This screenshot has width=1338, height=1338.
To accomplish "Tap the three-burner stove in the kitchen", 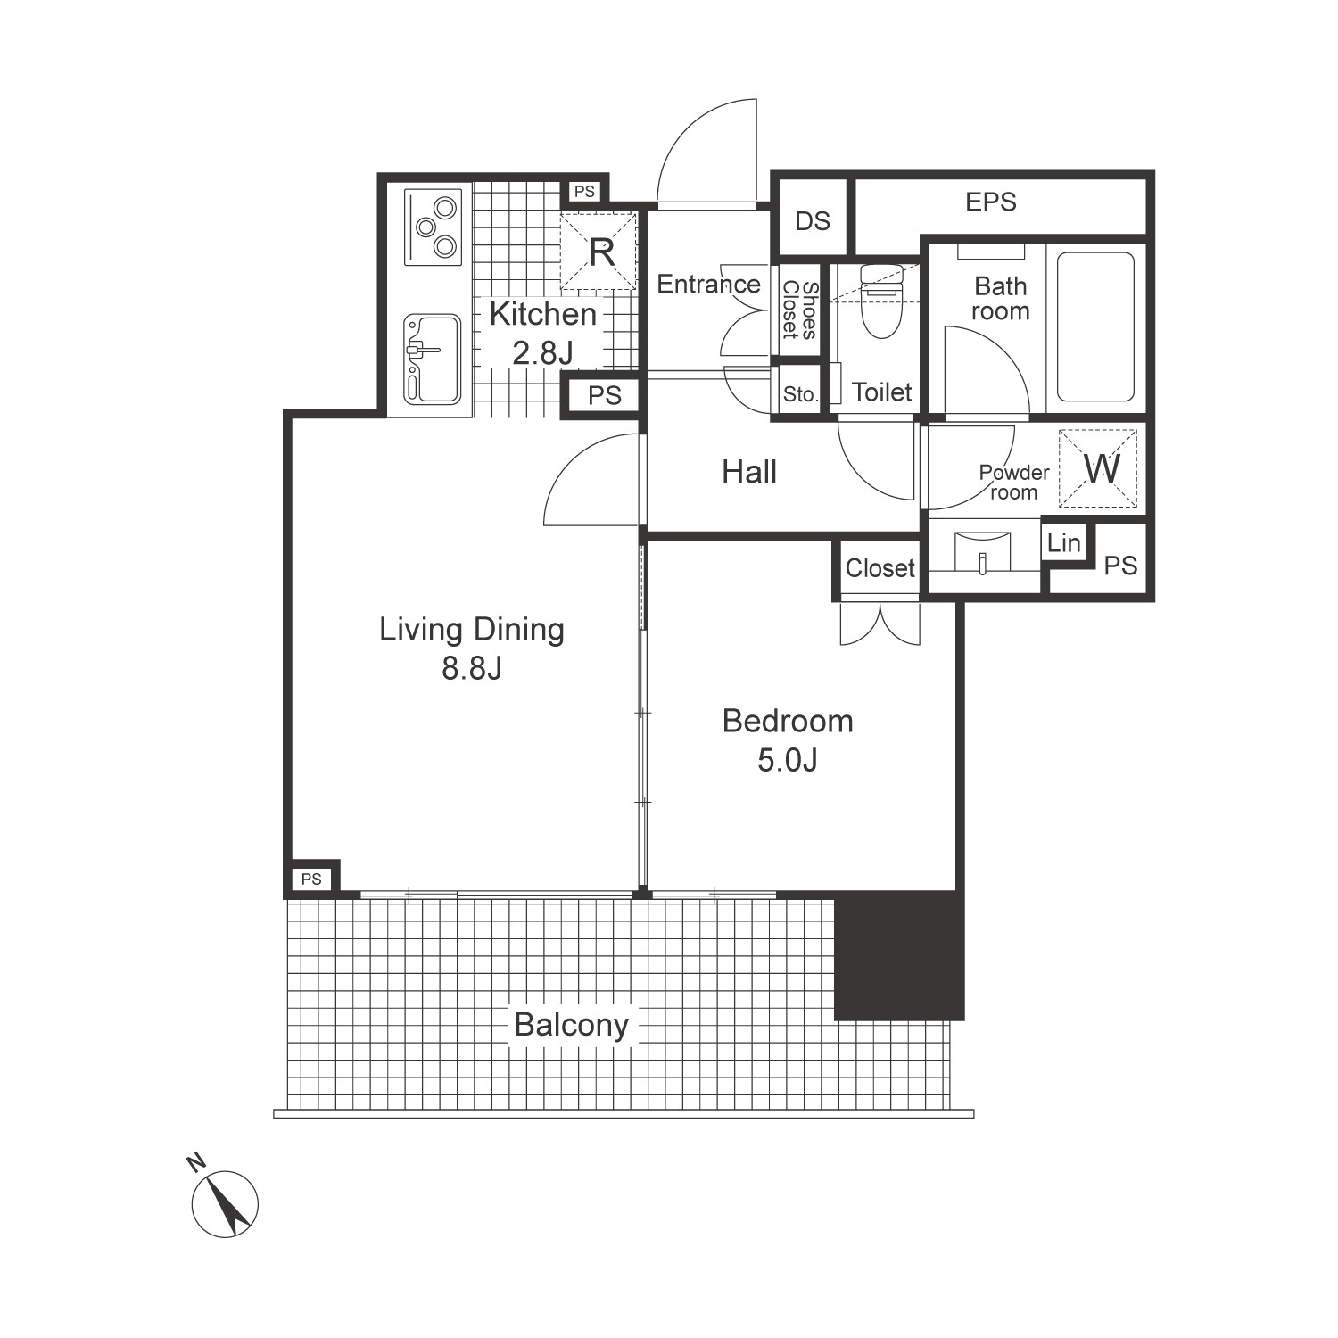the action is point(433,227).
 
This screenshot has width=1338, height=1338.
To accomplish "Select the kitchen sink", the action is point(433,359).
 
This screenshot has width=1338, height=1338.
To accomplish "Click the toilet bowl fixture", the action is point(881,301).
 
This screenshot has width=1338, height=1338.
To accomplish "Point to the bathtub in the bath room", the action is point(1096,327).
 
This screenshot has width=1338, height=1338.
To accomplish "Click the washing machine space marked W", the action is point(1098,468).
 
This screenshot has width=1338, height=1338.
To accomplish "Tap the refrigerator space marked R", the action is point(599,251).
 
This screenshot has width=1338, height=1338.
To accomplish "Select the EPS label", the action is point(991,202).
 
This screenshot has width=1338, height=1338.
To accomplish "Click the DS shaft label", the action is point(813,220).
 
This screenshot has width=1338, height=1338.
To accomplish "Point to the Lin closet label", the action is point(1064,542).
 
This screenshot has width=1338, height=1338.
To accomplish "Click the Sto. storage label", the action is point(800,394).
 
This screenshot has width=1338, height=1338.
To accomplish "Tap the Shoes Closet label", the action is point(800,310).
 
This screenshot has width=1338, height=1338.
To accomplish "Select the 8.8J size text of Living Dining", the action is point(472,668).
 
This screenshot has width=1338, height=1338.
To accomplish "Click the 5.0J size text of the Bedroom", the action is point(788,760).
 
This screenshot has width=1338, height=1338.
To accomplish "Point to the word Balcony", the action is point(572,1025).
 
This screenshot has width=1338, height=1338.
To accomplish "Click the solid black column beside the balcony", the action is point(899,955).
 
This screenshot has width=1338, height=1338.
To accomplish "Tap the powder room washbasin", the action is point(982,553).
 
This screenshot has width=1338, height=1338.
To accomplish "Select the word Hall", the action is point(749,472).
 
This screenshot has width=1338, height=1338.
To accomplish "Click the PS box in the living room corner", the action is point(311,879).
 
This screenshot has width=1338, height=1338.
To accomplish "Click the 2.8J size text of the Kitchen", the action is point(542,353).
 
